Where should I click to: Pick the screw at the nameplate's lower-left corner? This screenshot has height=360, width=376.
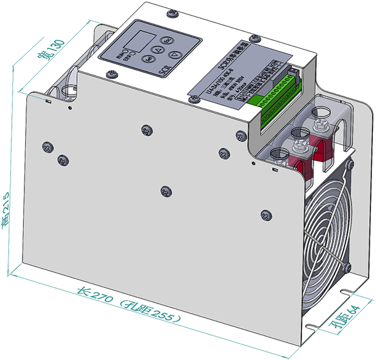192,99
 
